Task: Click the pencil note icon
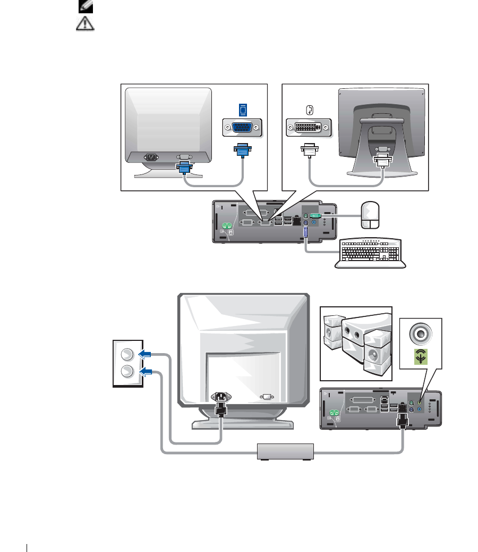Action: (84, 6)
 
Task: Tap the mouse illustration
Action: (370, 214)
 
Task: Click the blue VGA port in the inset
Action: (242, 128)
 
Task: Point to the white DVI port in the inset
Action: (308, 128)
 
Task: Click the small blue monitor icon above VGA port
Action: (243, 110)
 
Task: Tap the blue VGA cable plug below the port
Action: (242, 151)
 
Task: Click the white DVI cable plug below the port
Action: (309, 151)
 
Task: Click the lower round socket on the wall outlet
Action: (127, 371)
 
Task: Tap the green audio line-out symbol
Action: (420, 358)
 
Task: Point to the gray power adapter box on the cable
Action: (285, 451)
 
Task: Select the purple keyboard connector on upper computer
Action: (305, 232)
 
